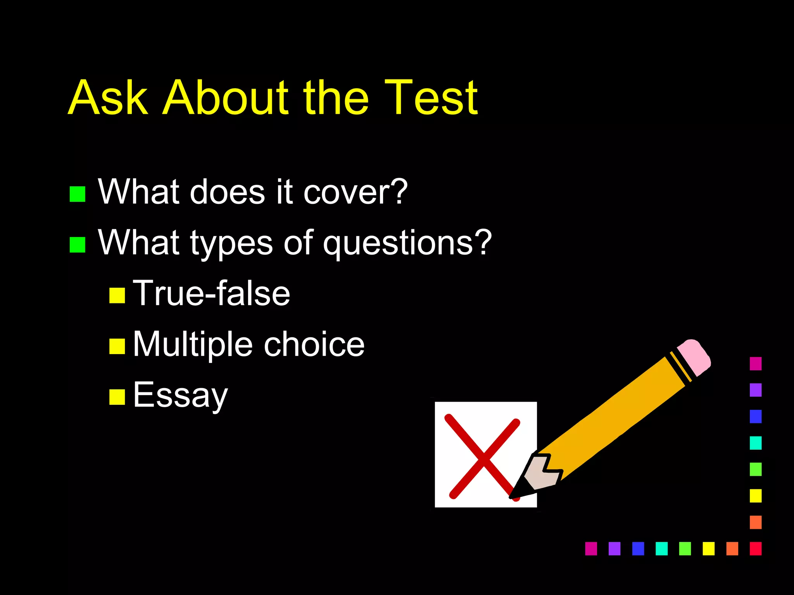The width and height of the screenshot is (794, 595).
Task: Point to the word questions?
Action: pos(407,243)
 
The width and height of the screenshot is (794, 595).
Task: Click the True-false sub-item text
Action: pos(211,294)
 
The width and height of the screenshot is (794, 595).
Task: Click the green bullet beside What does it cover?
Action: pos(78,194)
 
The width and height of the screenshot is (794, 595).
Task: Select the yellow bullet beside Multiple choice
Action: pos(117,346)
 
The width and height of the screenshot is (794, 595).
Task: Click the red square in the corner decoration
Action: pos(756,549)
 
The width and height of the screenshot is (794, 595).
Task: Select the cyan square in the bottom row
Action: pos(661,549)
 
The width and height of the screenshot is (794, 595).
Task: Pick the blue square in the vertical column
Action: pos(756,416)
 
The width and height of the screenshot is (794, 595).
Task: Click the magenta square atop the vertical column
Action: pos(756,364)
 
